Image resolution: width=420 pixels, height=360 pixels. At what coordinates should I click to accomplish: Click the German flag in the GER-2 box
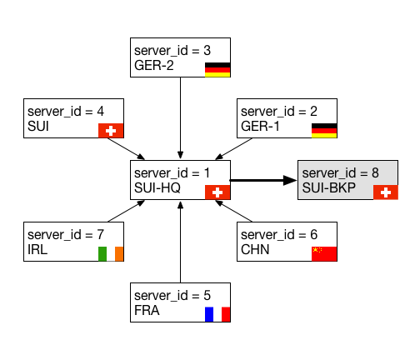[x=217, y=70]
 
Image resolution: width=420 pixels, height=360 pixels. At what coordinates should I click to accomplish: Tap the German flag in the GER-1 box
[x=324, y=131]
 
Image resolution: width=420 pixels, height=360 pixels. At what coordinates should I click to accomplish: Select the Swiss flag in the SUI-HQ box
[x=217, y=192]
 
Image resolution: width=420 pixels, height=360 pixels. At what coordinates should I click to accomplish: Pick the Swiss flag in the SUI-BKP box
[x=386, y=192]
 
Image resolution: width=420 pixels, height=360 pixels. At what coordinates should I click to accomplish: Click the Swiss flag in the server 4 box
[x=111, y=131]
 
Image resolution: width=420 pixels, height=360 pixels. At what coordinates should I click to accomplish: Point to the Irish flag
[x=111, y=254]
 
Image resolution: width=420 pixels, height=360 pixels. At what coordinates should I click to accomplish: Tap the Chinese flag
[x=324, y=254]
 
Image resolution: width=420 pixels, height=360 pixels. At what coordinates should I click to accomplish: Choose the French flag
[x=217, y=314]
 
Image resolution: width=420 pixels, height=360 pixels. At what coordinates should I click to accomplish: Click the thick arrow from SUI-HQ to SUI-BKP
[x=263, y=180]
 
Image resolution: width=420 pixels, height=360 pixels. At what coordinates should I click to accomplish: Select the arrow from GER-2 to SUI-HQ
[x=180, y=118]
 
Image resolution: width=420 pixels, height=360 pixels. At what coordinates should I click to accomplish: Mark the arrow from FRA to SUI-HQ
[x=180, y=242]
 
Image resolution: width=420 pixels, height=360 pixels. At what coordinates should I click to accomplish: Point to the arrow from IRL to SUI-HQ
[x=127, y=211]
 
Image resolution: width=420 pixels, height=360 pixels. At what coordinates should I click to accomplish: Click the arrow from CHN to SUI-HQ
[x=233, y=211]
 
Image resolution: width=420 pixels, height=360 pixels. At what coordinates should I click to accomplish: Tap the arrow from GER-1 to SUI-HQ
[x=233, y=149]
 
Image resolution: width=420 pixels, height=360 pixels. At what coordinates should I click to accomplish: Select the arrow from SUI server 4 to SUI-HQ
[x=127, y=149]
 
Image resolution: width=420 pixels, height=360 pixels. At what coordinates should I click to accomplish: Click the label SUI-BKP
[x=329, y=187]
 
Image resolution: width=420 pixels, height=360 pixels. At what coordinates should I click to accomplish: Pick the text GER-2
[x=154, y=66]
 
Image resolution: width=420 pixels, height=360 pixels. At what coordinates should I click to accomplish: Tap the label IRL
[x=37, y=249]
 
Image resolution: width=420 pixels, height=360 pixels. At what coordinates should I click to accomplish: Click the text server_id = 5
[x=172, y=296]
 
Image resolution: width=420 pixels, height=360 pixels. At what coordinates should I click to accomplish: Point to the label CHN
[x=255, y=249]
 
